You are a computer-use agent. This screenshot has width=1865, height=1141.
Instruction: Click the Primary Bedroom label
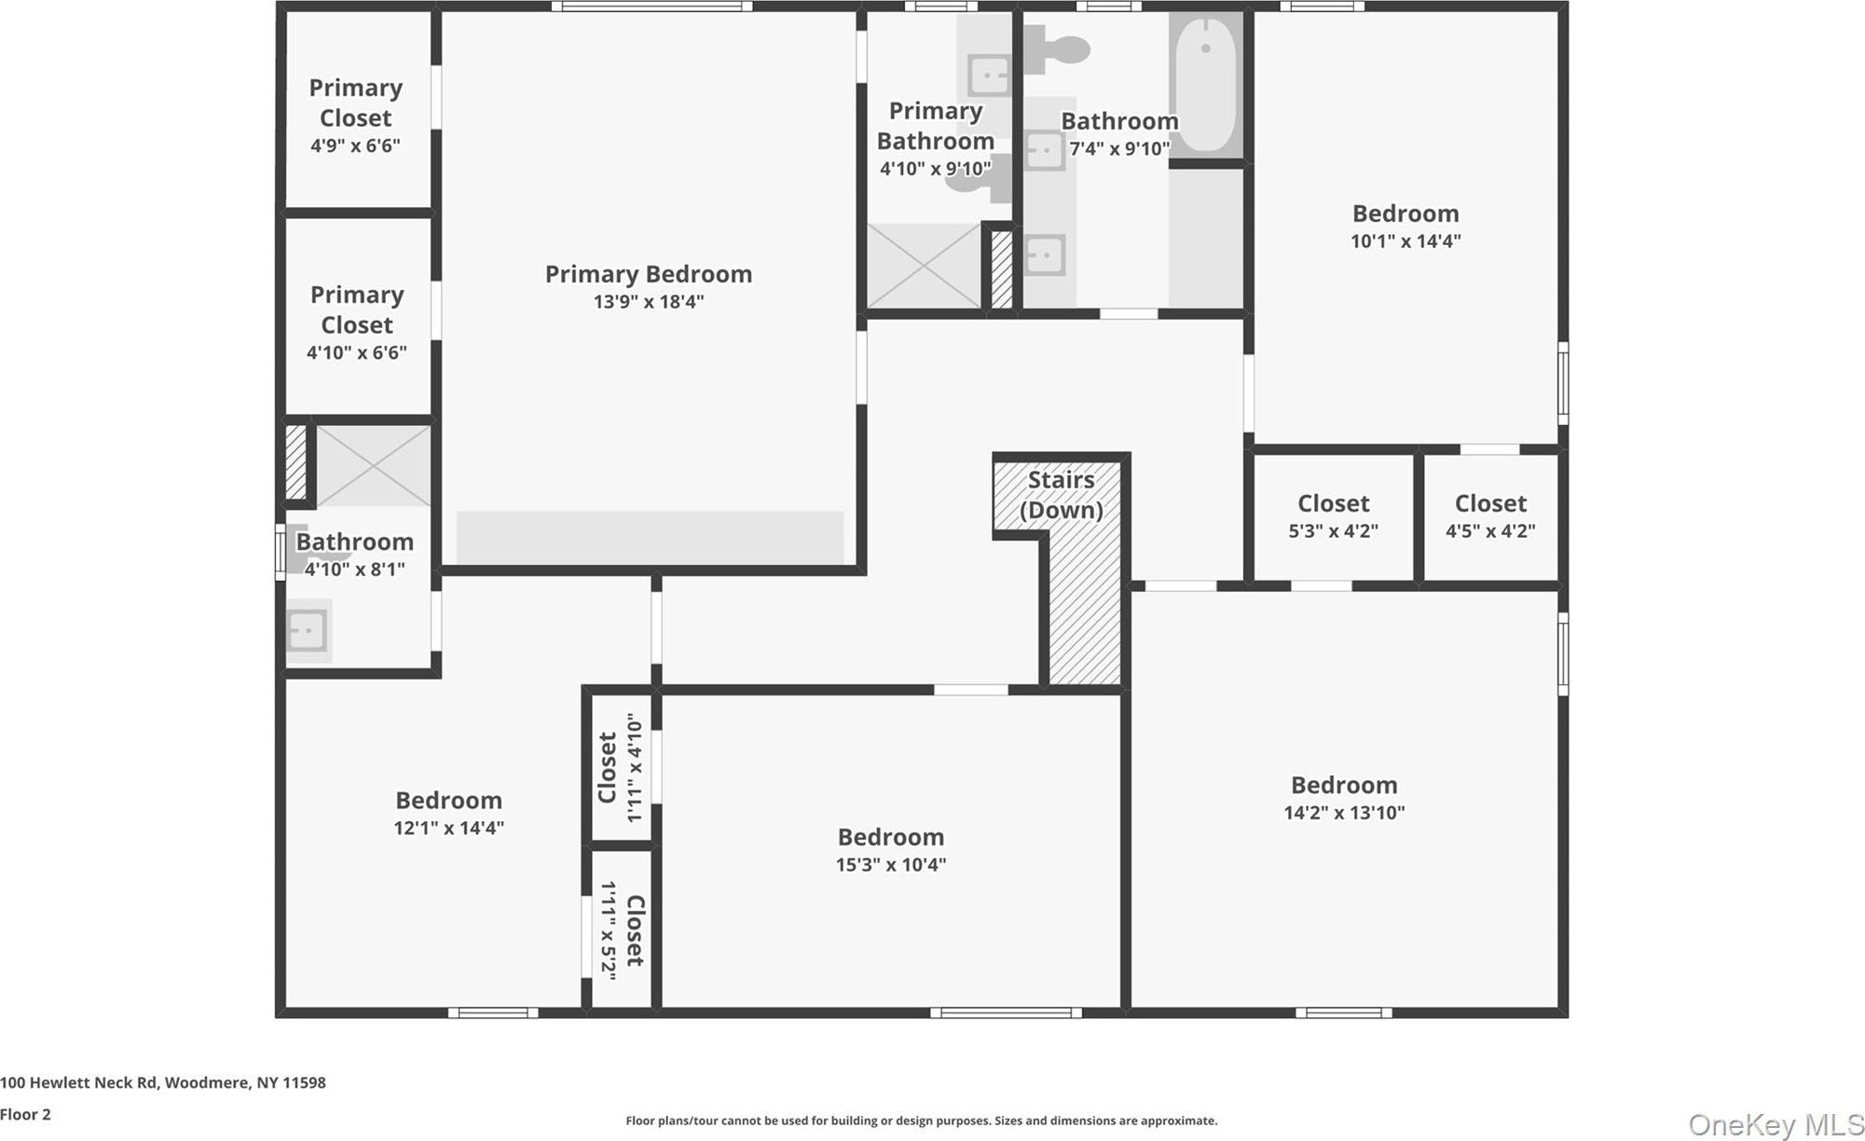click(648, 274)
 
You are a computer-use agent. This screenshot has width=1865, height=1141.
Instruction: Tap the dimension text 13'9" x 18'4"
click(648, 301)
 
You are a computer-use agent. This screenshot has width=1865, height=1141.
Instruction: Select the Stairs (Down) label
click(1061, 495)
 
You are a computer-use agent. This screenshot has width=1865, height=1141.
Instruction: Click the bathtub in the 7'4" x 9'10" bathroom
click(1206, 85)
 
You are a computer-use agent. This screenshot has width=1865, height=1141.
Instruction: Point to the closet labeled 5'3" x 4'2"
click(1333, 516)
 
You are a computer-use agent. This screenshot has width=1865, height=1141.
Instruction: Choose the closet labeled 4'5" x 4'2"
click(1490, 516)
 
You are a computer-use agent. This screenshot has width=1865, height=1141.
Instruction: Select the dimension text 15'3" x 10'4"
click(890, 864)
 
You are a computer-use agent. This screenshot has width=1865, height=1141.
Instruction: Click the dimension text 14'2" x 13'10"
click(1343, 812)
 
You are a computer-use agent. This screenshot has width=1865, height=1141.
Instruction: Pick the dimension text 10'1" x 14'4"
click(1406, 241)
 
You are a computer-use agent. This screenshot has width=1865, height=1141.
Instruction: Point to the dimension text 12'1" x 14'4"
click(448, 827)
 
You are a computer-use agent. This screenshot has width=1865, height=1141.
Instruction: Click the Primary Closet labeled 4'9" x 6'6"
click(357, 109)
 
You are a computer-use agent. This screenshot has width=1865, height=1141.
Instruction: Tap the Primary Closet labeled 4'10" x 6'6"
click(357, 317)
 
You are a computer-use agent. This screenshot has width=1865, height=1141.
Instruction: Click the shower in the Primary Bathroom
click(925, 266)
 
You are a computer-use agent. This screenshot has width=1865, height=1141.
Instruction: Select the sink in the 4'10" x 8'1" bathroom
click(307, 630)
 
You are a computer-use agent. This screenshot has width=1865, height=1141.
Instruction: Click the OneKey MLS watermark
click(1776, 1124)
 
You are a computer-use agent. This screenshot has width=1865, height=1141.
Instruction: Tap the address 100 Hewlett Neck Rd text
click(79, 1082)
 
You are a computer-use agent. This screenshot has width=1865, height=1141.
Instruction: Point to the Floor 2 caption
click(25, 1114)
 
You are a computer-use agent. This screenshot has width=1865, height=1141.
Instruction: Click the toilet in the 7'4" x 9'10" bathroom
click(1057, 47)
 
